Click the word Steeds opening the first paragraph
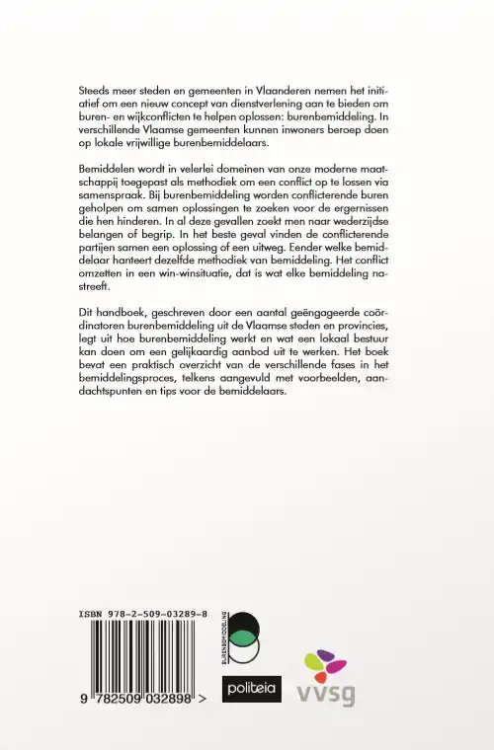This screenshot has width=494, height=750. click(x=95, y=89)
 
